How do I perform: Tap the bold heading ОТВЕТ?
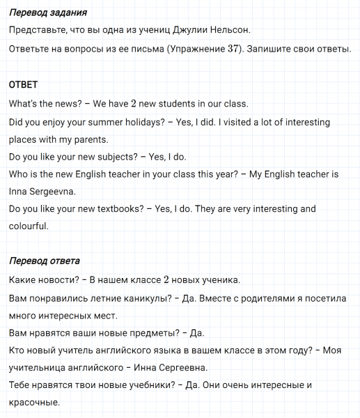[x=24, y=84]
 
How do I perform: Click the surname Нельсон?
[x=227, y=30]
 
